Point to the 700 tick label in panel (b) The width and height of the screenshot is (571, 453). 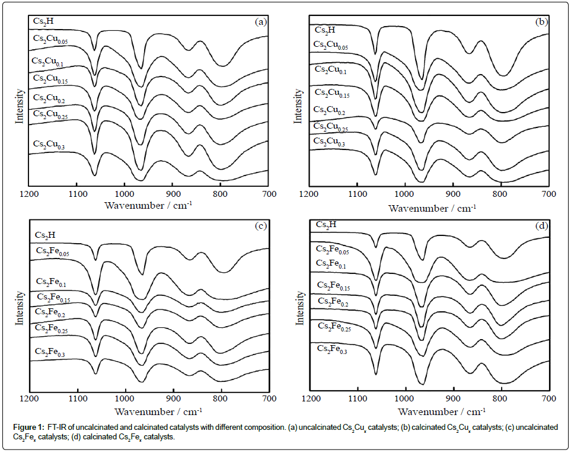549,194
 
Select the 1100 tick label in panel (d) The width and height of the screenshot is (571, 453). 358,400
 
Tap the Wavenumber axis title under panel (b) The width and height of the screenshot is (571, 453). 432,208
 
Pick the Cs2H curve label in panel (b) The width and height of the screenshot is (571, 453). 324,30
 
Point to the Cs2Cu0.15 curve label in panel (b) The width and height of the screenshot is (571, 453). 333,93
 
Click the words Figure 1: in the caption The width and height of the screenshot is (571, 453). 27,428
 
